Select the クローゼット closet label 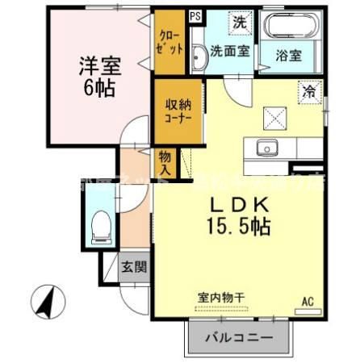coord(170,44)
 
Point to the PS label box coord(195,15)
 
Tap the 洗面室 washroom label coord(230,51)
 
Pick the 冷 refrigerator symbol coord(308,93)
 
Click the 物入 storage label coord(165,162)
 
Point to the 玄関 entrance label coord(133,267)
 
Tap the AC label coord(307,302)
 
